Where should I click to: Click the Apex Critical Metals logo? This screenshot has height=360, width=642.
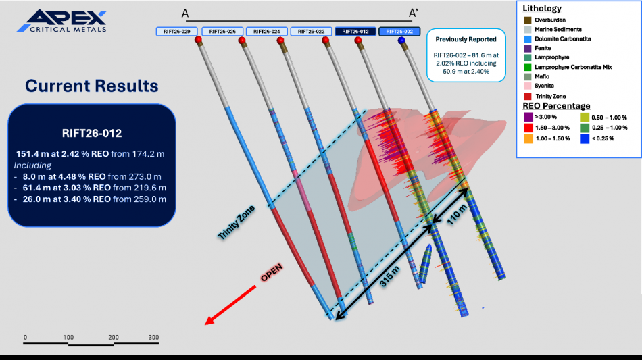point(61,21)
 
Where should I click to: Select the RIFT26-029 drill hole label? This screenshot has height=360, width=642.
point(177,32)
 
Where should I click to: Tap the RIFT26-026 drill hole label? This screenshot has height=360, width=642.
point(222,32)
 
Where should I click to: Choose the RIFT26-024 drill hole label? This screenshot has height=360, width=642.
point(266,32)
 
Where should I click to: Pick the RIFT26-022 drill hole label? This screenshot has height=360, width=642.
point(311,32)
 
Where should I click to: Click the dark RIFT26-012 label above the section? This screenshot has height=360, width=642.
point(355,32)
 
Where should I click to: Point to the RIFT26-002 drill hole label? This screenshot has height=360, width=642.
point(399,32)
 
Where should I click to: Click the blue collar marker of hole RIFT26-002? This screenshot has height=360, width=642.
point(401,40)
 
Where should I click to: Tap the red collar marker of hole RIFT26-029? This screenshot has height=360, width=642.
point(199,40)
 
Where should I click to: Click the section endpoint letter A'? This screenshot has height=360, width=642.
point(413,14)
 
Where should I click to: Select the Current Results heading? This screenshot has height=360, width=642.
point(92,86)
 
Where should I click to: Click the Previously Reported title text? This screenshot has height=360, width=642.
point(466,39)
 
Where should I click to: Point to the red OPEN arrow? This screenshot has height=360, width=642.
point(230,305)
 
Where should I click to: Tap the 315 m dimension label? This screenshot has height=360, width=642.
point(389,276)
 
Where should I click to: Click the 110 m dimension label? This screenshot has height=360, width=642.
point(457,215)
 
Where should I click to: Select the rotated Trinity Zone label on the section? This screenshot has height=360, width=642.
point(236,222)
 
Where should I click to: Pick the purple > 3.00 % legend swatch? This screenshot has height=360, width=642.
point(528,117)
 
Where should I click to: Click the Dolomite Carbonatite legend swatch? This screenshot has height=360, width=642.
point(528,39)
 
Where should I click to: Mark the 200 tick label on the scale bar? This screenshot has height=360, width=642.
point(114,338)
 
